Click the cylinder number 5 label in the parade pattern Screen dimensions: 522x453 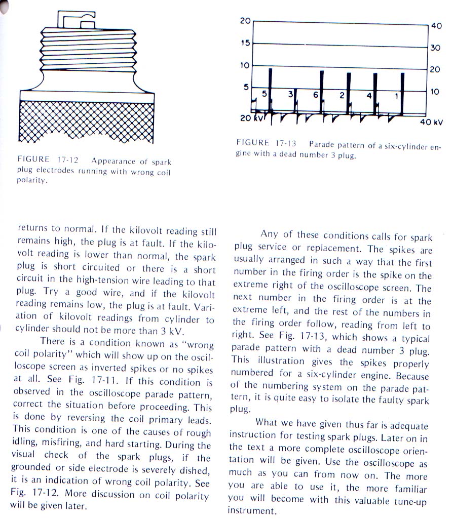coord(263,94)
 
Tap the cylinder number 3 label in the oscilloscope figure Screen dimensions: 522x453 coord(290,94)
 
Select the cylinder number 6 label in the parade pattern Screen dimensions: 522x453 coord(315,95)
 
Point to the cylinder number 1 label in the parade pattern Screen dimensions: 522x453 coord(396,95)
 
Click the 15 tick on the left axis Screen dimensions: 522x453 coord(245,43)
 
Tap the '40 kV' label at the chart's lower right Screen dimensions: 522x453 coord(432,122)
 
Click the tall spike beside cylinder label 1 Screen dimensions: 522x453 coord(403,93)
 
